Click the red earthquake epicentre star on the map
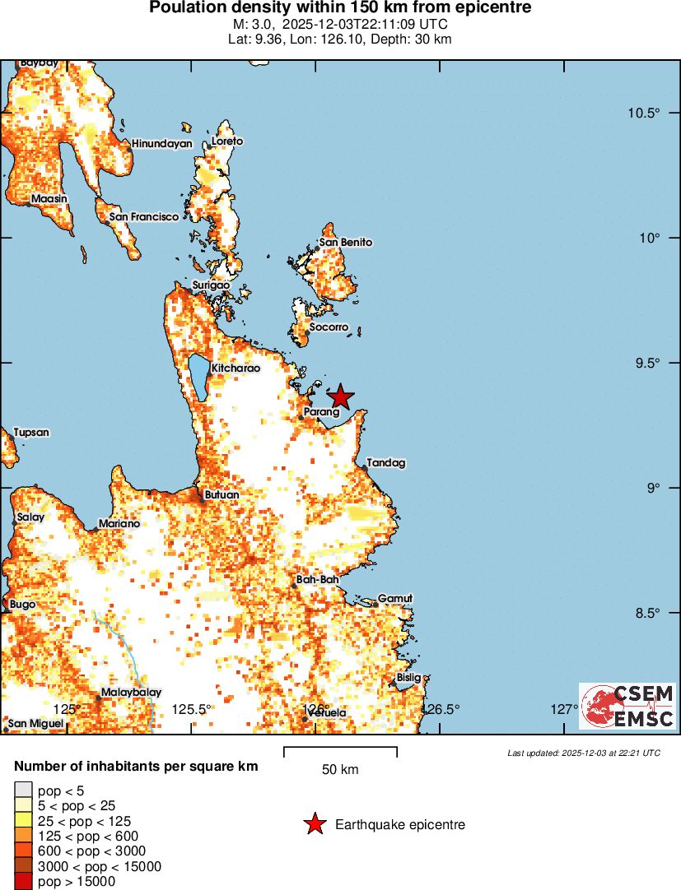coord(340,396)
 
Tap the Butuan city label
coord(222,495)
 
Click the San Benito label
coord(346,243)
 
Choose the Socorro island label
coord(329,327)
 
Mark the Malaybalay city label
coord(131,693)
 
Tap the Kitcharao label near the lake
coord(236,369)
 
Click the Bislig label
coord(408,678)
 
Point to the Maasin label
coord(49,199)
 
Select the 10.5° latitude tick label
coord(640,113)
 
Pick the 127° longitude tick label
coord(564,709)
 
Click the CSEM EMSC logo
coord(627,707)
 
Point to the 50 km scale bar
coord(340,752)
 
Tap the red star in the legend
coord(314,824)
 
